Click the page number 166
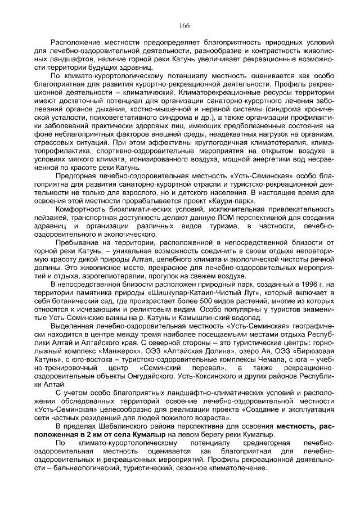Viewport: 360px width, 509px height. (184, 25)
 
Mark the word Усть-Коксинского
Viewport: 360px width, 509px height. (216, 375)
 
